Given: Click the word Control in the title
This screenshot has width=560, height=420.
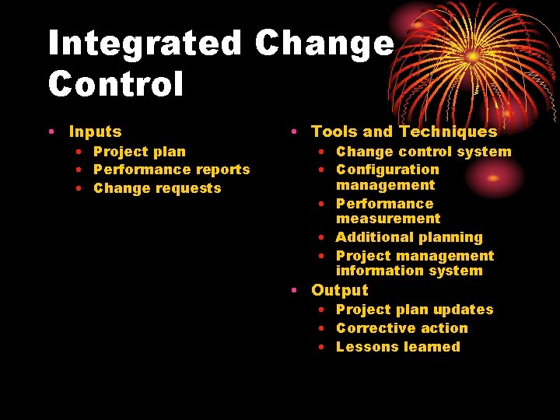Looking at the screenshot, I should pos(116,84).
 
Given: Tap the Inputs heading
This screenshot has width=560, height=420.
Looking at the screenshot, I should pos(95,132).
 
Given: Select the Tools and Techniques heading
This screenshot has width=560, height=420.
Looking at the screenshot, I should pos(404,132).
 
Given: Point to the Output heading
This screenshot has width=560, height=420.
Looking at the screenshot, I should pos(339,290).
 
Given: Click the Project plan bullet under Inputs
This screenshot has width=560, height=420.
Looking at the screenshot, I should pos(139,152).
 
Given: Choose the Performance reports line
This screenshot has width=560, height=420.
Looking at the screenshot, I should pos(171,170).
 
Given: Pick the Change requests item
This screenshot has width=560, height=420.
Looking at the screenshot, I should pos(157,188).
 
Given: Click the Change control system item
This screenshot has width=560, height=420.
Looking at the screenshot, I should pos(423,152).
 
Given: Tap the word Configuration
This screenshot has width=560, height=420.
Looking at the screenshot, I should pos(387,170).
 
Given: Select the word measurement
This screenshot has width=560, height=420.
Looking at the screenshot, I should pos(387,219).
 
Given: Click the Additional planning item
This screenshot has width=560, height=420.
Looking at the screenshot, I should pos(409,237).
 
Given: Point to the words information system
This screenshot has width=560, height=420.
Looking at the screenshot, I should pos(409,271).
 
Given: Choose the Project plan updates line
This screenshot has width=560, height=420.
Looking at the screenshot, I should pos(415,310).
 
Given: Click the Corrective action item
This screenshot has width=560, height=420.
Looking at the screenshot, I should pos(401,328).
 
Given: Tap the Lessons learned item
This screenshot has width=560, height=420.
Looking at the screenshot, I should pos(397,347).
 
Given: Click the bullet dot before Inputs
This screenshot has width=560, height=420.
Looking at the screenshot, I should pos(51,133).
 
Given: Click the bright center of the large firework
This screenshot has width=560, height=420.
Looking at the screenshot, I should pos(472,55).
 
